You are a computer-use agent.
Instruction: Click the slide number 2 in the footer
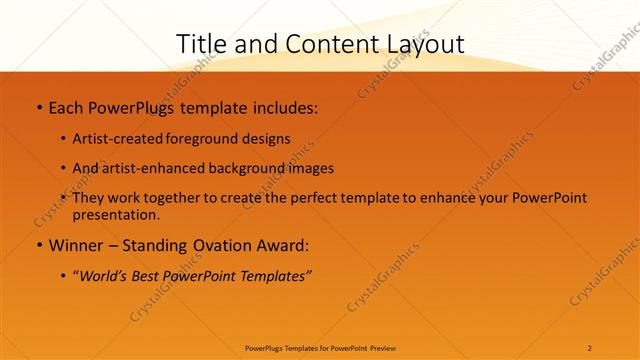tap(590, 348)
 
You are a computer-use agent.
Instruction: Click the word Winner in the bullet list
tap(77, 245)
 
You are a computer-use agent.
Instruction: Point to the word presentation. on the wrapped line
tap(116, 214)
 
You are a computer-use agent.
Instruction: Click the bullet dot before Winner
tap(39, 245)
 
